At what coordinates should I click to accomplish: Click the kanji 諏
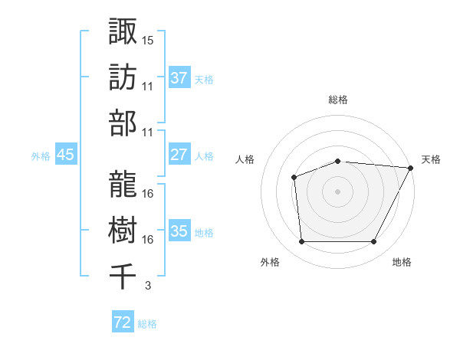point(123,31)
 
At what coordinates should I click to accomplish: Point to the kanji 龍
point(123,182)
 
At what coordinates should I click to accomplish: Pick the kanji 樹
point(123,227)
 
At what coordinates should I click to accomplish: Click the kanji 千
point(123,273)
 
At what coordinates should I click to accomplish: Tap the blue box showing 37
point(179,77)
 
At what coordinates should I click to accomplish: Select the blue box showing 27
point(179,155)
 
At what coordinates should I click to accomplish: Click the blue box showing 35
point(179,231)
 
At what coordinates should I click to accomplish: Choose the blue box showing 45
point(65,155)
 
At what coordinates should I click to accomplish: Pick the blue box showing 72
point(122,322)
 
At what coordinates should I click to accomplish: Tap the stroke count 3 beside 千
point(147,286)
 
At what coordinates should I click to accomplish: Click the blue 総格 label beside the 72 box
point(147,324)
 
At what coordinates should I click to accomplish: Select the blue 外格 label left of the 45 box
point(40,156)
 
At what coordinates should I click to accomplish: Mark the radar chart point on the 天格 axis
point(411,168)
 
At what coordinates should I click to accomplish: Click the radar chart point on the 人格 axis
point(294,178)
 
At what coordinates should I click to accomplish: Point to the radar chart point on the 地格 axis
point(374,242)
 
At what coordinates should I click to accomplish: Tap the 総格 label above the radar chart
point(338,100)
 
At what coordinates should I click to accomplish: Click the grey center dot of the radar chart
point(338,191)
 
